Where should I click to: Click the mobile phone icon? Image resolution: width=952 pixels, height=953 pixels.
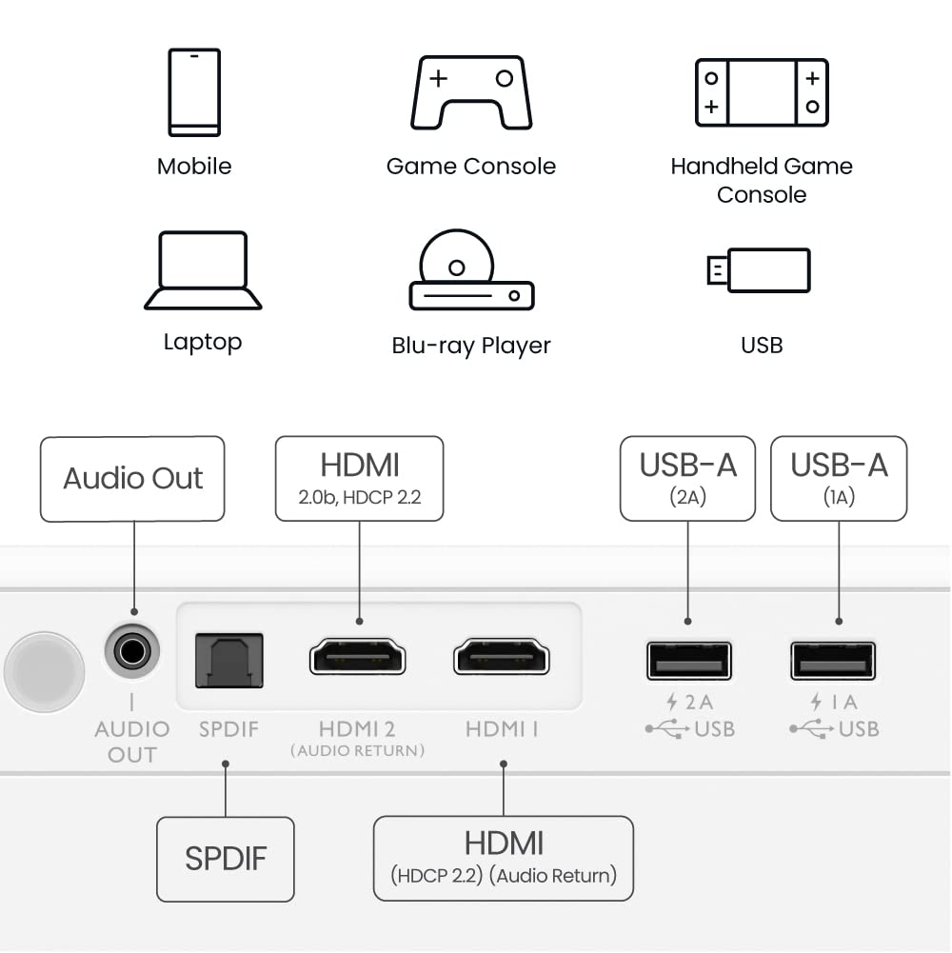click(x=194, y=92)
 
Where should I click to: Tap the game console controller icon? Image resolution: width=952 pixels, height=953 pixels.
click(x=471, y=92)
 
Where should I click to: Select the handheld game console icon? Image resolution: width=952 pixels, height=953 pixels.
click(x=762, y=92)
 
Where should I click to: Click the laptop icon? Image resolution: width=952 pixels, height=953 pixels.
click(x=203, y=270)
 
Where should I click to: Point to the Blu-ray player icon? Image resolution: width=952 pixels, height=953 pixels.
click(x=471, y=270)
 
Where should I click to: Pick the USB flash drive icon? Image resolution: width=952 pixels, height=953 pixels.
click(x=760, y=270)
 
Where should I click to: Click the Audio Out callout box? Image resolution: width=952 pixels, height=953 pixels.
click(x=132, y=479)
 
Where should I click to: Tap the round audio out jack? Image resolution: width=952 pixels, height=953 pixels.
click(x=131, y=652)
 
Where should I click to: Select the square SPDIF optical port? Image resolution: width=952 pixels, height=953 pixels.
click(x=229, y=660)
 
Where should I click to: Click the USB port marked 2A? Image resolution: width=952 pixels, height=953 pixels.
click(x=688, y=661)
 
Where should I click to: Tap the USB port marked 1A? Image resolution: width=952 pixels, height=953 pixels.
click(x=833, y=661)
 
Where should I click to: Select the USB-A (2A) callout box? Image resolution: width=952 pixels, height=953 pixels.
click(x=687, y=479)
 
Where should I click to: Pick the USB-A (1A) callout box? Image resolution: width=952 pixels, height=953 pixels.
click(x=839, y=479)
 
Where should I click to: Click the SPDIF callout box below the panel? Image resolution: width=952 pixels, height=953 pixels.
click(x=226, y=859)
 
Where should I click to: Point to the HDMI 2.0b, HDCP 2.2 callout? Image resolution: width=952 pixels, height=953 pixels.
click(x=359, y=479)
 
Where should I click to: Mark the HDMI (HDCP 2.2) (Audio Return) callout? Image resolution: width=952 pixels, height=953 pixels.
click(x=504, y=858)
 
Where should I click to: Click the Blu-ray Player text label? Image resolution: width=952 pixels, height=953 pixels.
click(x=471, y=346)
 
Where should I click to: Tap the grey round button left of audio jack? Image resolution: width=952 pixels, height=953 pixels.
click(x=44, y=670)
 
